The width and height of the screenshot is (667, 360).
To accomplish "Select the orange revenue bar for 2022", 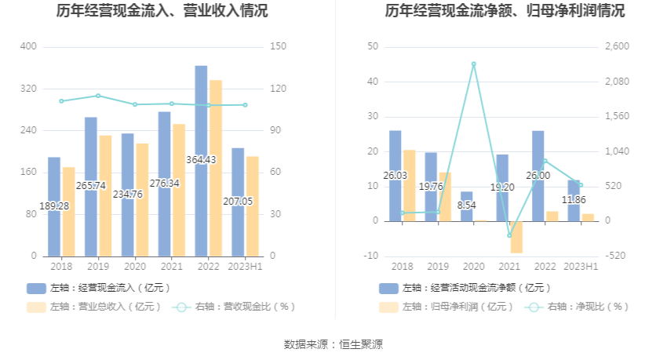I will (x=216, y=168).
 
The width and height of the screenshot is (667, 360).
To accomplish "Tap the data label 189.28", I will (x=54, y=205).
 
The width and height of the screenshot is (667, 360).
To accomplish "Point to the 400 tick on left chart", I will (x=28, y=47).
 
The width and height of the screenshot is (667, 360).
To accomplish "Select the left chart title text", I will (x=162, y=11).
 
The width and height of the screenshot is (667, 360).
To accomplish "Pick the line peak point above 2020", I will (x=473, y=64).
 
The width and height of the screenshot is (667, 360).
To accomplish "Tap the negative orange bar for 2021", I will (x=516, y=237).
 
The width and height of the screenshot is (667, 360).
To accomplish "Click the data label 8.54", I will (x=466, y=205).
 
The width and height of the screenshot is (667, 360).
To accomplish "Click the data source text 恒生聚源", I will (x=360, y=344).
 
